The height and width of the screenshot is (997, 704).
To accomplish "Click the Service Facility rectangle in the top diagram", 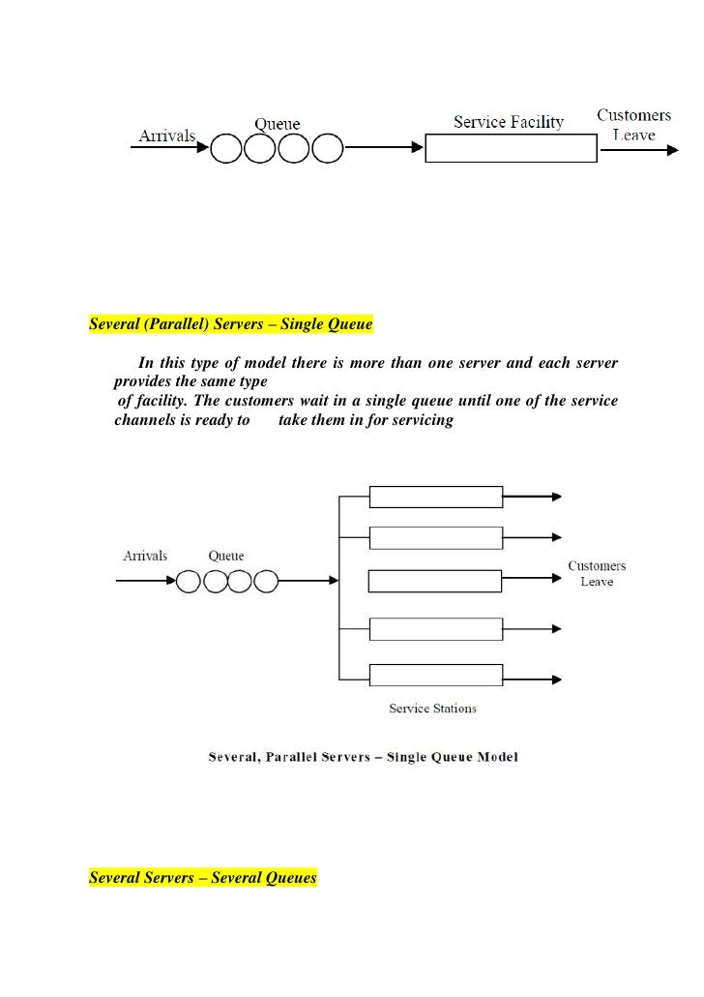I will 510,148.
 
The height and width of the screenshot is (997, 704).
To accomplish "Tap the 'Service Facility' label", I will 509,122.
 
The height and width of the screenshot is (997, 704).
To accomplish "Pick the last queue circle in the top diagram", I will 327,148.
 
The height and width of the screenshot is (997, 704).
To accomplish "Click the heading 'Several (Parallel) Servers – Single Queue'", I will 230,324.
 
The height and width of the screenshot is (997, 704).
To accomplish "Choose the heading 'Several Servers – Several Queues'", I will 203,878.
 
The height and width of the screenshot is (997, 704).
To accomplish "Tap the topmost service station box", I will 436,497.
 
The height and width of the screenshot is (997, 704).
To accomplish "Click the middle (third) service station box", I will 436,581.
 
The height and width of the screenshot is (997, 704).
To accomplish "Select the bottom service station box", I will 436,675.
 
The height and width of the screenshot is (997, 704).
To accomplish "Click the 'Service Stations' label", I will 432,709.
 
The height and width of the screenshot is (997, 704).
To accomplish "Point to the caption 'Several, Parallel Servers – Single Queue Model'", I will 364,756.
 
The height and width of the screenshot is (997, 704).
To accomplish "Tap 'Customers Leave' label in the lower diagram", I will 597,573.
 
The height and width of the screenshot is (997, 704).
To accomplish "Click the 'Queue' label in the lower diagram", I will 226,557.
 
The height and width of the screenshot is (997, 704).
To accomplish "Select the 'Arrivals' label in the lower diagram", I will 145,556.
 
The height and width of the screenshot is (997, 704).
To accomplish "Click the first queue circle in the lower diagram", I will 188,581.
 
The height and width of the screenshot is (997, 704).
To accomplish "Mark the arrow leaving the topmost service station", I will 533,497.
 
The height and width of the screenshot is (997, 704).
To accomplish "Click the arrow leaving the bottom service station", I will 533,675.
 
